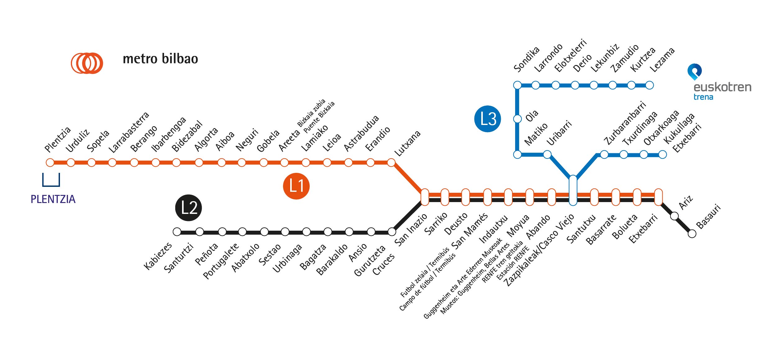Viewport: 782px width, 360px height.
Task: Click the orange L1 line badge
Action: [x=296, y=186]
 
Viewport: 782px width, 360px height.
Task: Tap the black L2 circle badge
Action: [x=189, y=208]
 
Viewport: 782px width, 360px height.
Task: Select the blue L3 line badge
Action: [x=487, y=119]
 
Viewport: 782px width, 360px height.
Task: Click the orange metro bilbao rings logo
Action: [x=87, y=63]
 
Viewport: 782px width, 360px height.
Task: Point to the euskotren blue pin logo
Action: [x=694, y=72]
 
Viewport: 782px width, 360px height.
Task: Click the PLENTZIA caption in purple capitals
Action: [x=53, y=199]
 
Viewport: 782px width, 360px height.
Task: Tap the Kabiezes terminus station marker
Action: [x=177, y=232]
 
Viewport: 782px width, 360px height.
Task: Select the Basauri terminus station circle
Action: [x=692, y=234]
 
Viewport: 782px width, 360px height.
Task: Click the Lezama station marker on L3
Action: [x=650, y=85]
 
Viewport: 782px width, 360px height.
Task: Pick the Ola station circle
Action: [x=518, y=119]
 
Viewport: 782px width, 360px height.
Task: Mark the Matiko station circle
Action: [x=518, y=155]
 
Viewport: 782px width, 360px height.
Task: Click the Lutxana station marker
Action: [x=391, y=163]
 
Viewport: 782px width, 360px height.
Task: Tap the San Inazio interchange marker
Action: [x=425, y=197]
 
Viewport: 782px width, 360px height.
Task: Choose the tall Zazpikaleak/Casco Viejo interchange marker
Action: [x=573, y=190]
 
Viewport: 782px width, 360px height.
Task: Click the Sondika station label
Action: [x=526, y=60]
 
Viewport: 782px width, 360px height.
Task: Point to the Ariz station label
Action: [x=686, y=202]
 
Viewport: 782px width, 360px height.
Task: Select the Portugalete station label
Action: [x=221, y=261]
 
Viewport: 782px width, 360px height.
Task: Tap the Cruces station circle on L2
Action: [x=392, y=232]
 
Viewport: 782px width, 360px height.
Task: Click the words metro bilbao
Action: [x=160, y=59]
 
